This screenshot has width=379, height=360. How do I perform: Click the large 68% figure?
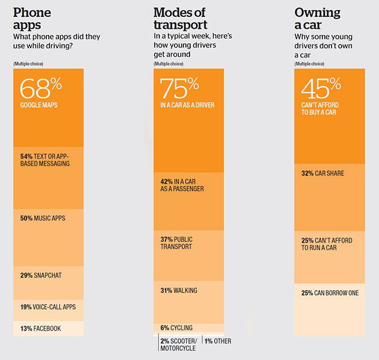41,88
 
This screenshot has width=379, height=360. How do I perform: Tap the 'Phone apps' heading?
32,19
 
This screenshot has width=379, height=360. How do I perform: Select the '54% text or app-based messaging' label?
45,160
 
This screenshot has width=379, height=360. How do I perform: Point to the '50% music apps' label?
43,218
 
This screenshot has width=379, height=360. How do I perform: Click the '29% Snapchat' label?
41,275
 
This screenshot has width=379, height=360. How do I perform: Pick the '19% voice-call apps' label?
48,307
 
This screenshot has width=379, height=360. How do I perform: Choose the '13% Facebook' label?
41,329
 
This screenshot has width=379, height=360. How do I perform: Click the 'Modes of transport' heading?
180,19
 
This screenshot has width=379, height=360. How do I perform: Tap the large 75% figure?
179,88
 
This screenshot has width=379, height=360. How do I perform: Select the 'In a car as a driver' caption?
187,105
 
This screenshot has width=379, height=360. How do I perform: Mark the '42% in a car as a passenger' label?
182,185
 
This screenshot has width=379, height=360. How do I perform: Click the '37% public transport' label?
176,243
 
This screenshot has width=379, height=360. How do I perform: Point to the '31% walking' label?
179,290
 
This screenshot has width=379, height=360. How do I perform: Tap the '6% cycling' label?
176,328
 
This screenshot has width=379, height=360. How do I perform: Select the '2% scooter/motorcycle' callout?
179,344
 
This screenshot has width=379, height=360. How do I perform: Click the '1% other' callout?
218,341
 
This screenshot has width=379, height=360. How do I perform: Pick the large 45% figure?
321,88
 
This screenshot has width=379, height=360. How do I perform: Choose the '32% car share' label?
322,173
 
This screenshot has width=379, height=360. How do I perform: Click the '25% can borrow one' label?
330,293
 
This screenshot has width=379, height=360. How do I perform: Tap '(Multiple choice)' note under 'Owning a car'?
309,64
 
